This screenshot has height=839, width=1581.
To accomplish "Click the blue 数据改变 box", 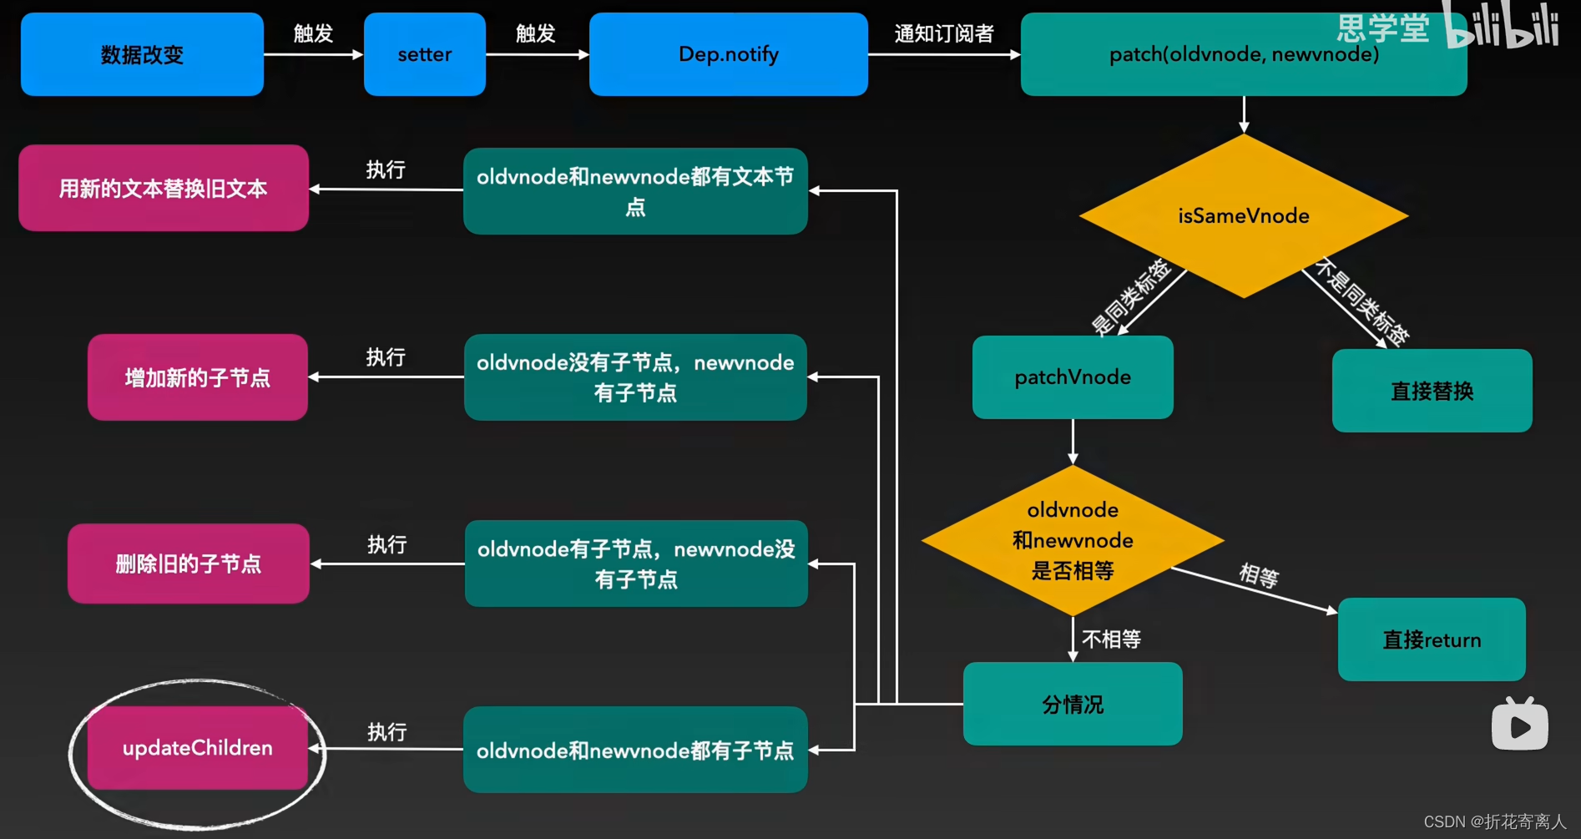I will [x=142, y=54].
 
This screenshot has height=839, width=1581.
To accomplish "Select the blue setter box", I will [x=424, y=54].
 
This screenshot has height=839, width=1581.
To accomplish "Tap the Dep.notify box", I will [x=728, y=54].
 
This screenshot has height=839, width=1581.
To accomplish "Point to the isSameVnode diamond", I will [x=1243, y=215].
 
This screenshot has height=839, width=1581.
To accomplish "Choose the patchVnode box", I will [x=1073, y=377].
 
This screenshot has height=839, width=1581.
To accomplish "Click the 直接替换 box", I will [x=1432, y=391].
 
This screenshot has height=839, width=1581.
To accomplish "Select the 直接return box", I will [x=1432, y=639].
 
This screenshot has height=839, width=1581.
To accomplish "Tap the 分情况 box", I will [x=1073, y=704].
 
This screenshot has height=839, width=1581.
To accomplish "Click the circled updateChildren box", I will [x=197, y=748].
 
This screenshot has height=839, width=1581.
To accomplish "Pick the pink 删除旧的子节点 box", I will [x=189, y=564].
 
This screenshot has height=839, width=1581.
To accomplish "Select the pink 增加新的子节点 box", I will [x=197, y=377].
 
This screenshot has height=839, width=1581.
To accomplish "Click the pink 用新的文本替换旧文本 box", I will [x=164, y=189].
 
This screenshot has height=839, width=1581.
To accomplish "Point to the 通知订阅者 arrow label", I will [x=944, y=33].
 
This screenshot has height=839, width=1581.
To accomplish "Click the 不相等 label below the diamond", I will [x=1111, y=639].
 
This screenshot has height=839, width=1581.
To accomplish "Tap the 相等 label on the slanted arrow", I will [x=1259, y=575].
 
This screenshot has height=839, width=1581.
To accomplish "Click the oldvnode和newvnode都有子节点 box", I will [x=635, y=750].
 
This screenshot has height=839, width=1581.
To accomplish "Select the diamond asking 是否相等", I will [x=1073, y=540].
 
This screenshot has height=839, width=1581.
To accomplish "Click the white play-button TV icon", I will [x=1519, y=724].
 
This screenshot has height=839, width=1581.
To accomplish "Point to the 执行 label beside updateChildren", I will [x=386, y=732].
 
